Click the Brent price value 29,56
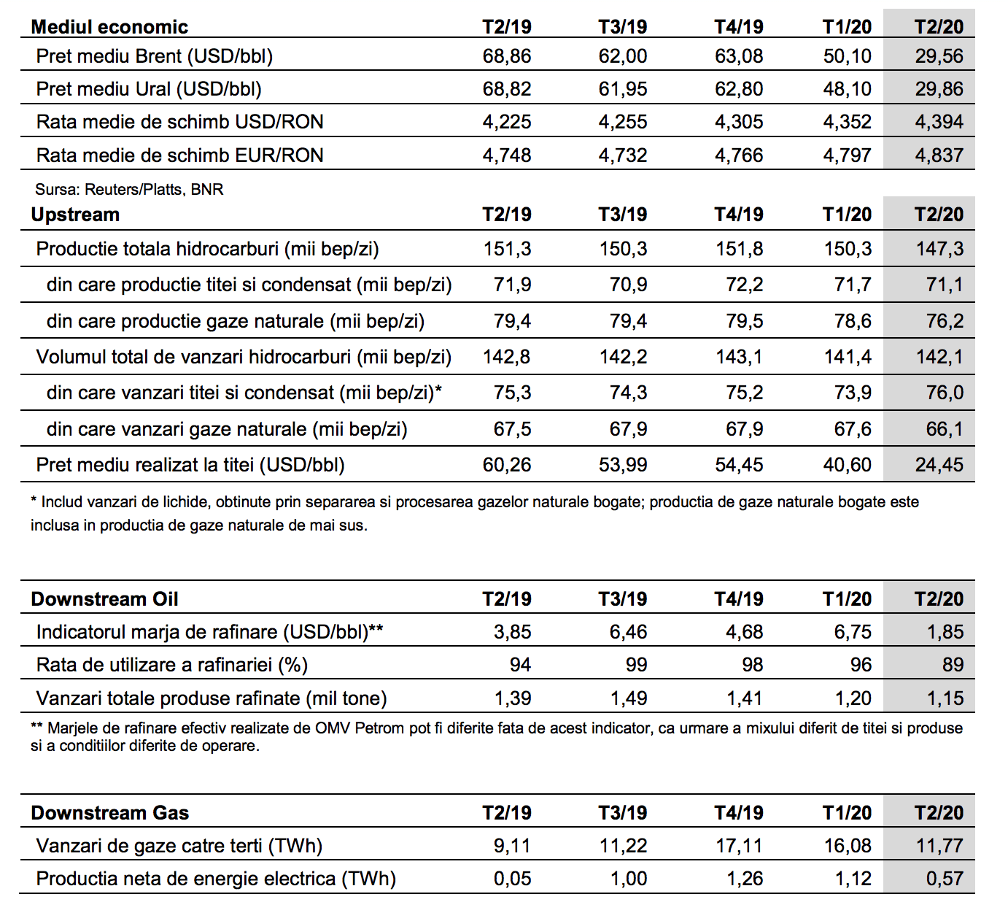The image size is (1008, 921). (939, 56)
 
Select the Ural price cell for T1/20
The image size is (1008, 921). (848, 89)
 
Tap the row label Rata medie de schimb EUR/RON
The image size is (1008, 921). (179, 155)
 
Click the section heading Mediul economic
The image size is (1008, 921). (109, 27)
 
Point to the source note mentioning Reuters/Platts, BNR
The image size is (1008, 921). (129, 190)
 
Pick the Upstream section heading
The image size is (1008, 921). (75, 215)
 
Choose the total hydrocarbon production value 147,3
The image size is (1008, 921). (939, 248)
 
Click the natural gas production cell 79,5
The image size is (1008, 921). (744, 321)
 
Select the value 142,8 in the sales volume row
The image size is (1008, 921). (506, 357)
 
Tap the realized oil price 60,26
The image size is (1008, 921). (506, 465)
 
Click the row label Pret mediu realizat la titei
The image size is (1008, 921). (190, 465)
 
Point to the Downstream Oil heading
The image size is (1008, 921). (104, 599)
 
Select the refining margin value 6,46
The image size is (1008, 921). (628, 632)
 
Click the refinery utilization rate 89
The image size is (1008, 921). (953, 665)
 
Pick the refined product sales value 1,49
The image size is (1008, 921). (628, 698)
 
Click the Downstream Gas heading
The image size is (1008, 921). (109, 813)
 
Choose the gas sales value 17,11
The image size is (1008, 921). (739, 846)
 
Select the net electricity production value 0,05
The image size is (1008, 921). (512, 879)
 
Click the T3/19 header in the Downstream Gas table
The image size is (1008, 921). (623, 813)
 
